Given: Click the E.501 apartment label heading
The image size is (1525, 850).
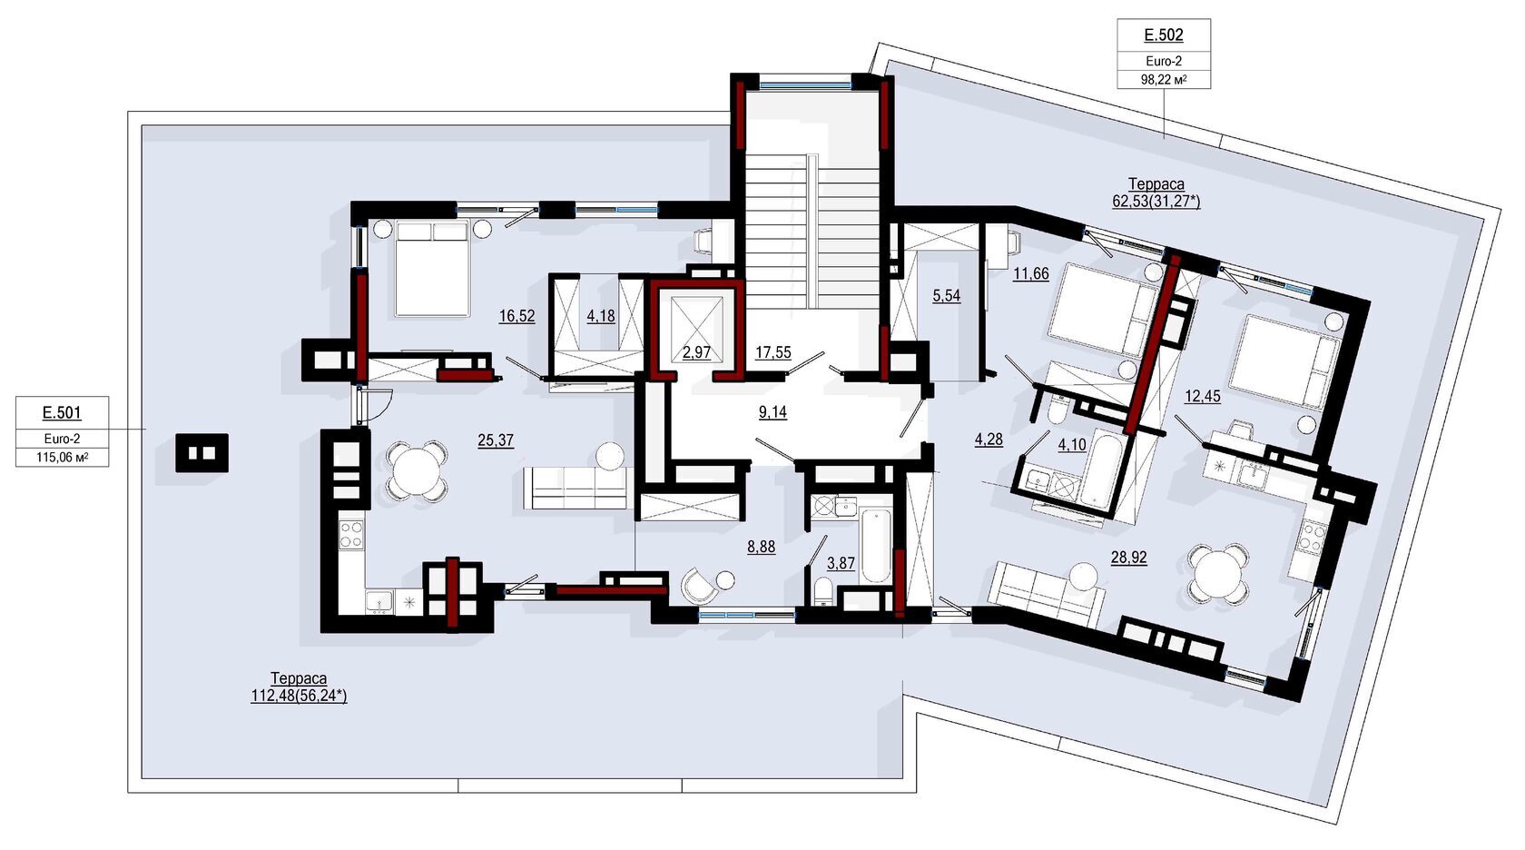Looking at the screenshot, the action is tap(62, 412).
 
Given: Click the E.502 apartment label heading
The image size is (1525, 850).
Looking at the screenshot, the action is tap(1164, 35).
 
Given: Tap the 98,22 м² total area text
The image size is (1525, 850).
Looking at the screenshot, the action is tap(1164, 79).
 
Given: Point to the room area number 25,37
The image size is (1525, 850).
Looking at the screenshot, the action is tap(496, 440).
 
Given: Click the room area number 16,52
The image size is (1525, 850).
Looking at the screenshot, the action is tap(517, 316).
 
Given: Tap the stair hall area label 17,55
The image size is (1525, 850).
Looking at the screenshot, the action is tap(773, 352).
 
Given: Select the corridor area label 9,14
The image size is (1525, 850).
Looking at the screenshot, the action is tap(772, 412).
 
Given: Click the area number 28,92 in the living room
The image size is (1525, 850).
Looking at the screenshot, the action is tap(1129, 558).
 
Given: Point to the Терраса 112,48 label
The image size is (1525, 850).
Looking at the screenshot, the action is tap(299, 687).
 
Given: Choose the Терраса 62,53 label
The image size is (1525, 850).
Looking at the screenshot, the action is tap(1156, 193).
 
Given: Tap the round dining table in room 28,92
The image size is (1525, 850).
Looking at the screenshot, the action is tap(1218, 570).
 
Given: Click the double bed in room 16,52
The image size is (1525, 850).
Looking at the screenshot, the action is tap(432, 269).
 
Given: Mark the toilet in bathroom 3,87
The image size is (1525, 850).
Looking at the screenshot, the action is tap(822, 591).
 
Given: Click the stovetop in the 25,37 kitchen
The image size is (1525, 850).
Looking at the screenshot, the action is tap(351, 534).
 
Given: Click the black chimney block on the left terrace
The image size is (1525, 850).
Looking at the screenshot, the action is tap(202, 453).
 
